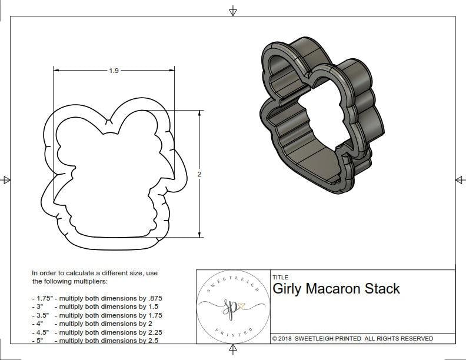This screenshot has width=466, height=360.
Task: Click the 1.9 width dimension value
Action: (x=114, y=71)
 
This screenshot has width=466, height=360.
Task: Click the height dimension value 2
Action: (x=199, y=174)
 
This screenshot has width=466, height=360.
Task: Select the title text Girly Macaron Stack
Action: (x=336, y=289)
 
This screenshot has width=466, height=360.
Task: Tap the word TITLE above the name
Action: (x=280, y=277)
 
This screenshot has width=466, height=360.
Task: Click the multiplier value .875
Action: (x=155, y=298)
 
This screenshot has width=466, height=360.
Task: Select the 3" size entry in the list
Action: (x=39, y=306)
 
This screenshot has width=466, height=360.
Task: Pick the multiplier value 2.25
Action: (x=154, y=332)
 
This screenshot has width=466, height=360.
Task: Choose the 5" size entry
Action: (x=39, y=341)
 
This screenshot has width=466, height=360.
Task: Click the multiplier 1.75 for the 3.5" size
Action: (x=154, y=315)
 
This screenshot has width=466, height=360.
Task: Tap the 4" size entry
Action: (x=39, y=324)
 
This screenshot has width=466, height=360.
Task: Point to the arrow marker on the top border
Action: (x=233, y=10)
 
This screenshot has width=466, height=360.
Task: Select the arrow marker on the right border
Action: (x=460, y=180)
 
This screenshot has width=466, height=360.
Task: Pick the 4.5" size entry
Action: (x=41, y=332)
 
